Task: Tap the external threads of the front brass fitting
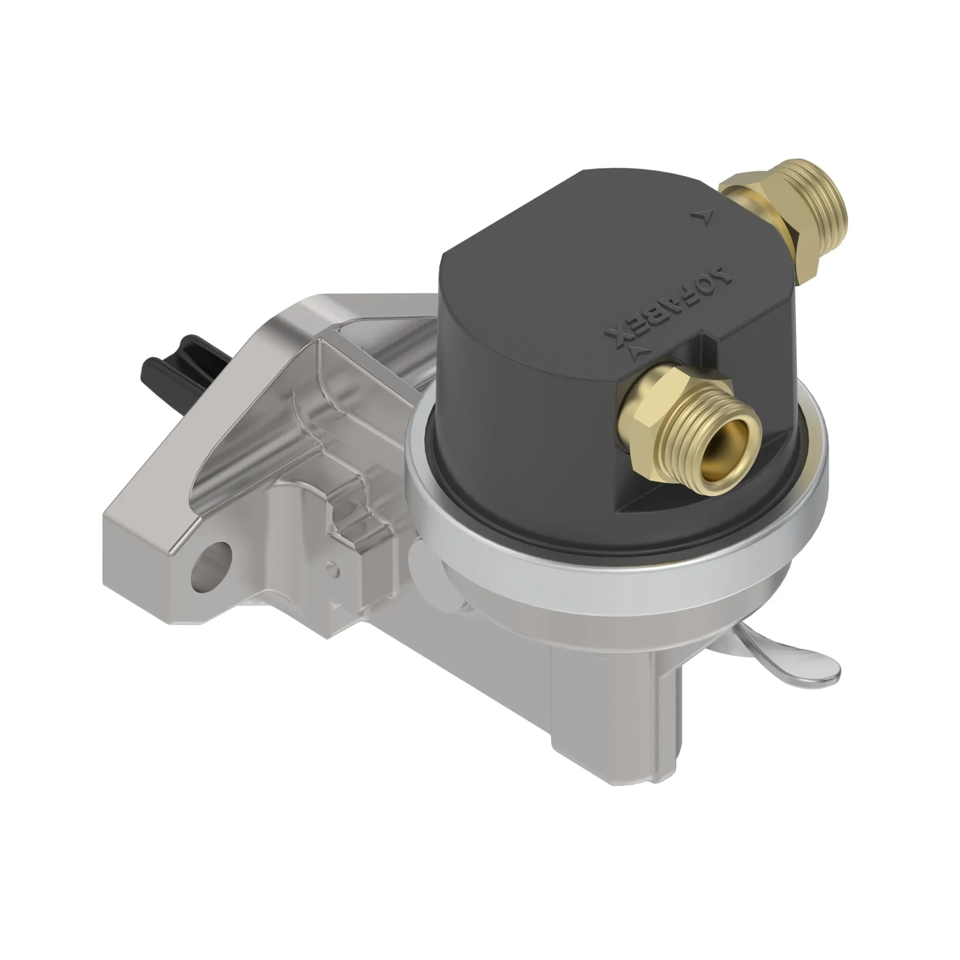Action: point(696,422)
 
